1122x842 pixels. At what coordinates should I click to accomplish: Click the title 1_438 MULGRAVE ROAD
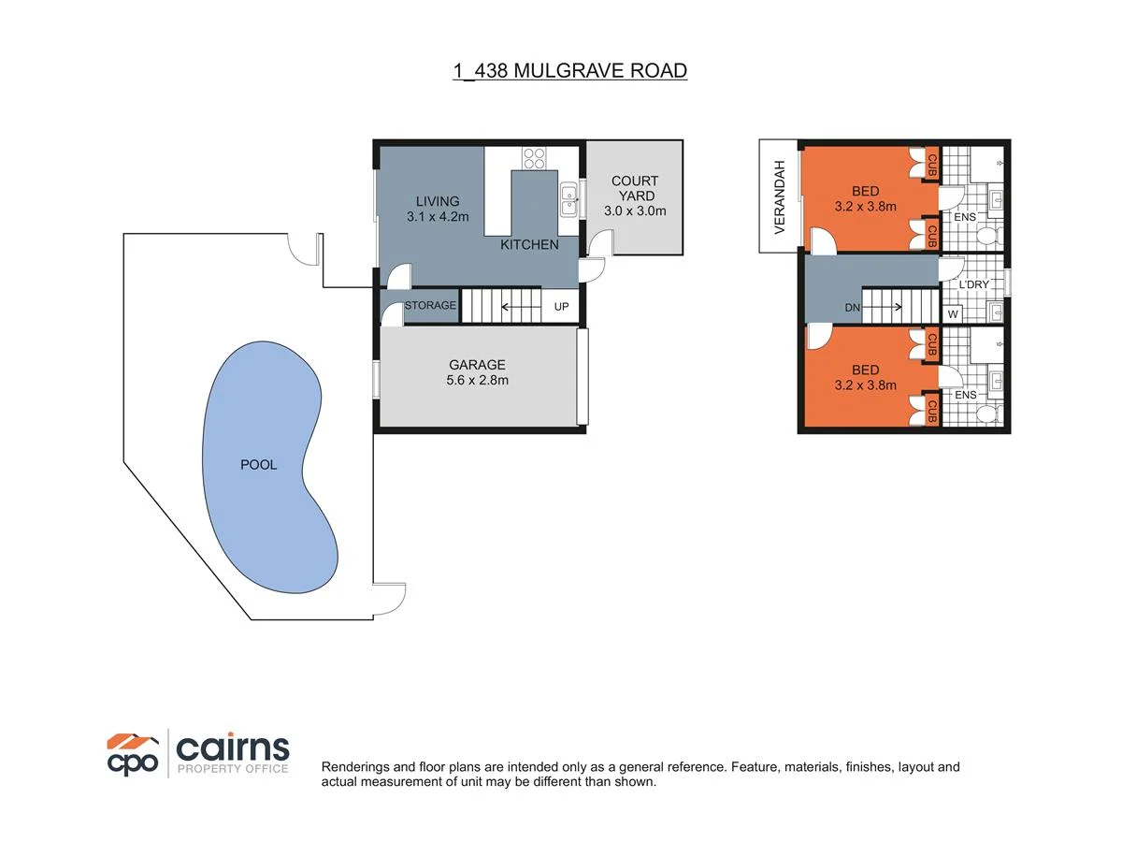569,70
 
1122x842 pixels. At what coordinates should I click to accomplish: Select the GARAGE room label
477,365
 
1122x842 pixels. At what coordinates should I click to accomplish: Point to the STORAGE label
430,306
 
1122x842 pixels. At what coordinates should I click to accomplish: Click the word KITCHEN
529,245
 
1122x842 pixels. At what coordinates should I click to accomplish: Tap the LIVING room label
438,201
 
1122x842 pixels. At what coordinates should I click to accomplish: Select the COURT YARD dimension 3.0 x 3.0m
635,210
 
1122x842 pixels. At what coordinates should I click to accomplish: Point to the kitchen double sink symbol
568,198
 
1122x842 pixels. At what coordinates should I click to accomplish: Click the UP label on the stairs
562,306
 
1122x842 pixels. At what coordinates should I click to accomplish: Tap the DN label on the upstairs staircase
853,307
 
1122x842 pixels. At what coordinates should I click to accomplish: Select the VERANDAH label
778,196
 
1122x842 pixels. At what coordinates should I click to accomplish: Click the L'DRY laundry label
973,284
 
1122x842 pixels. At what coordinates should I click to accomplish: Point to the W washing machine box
953,313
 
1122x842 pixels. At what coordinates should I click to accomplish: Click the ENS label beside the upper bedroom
966,218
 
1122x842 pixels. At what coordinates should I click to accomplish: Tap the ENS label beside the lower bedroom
966,396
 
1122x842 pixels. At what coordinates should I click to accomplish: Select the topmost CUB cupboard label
931,165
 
